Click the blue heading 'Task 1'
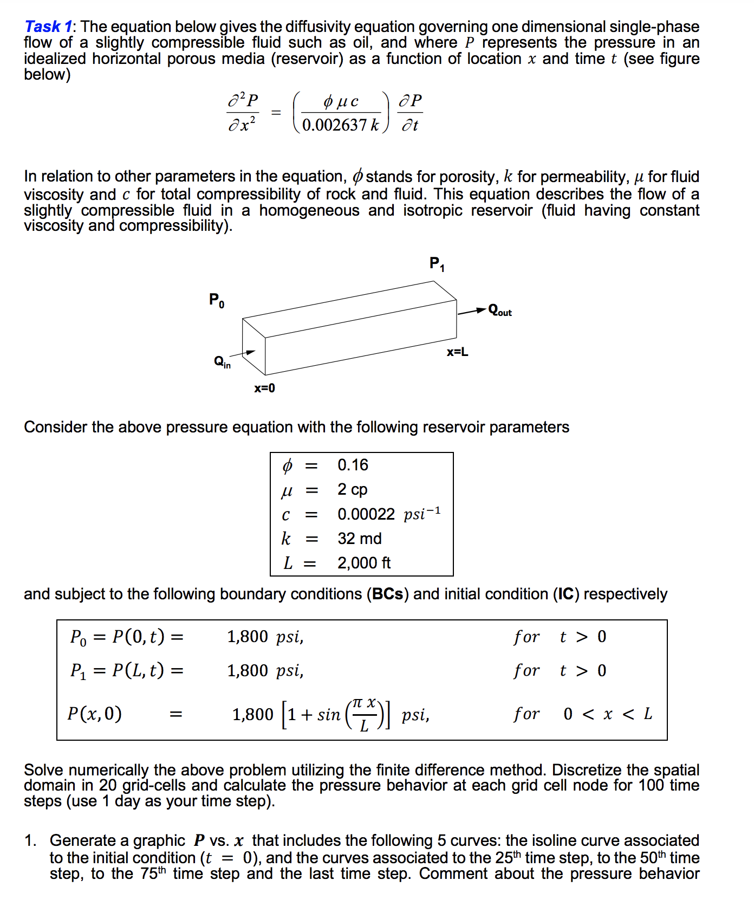click(48, 26)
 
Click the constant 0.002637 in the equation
click(334, 125)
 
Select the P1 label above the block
click(437, 264)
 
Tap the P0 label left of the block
click(217, 300)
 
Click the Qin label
click(222, 361)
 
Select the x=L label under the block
click(457, 352)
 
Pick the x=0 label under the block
click(264, 388)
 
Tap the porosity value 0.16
click(353, 465)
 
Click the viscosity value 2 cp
click(352, 489)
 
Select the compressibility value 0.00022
click(366, 514)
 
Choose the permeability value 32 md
click(359, 539)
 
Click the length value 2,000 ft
click(364, 563)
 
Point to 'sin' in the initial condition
click(328, 715)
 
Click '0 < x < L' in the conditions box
click(607, 714)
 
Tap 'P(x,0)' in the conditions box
click(94, 714)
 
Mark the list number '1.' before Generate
click(30, 840)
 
